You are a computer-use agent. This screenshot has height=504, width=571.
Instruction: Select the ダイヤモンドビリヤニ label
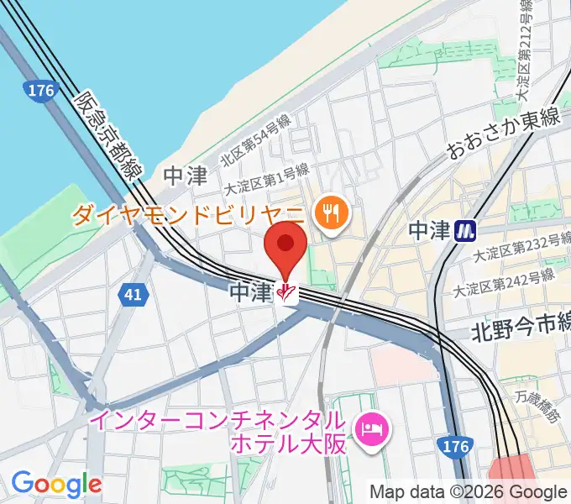190,215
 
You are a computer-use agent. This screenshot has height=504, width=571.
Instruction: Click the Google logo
56,484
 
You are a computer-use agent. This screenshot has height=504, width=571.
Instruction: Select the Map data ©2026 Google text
469,491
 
